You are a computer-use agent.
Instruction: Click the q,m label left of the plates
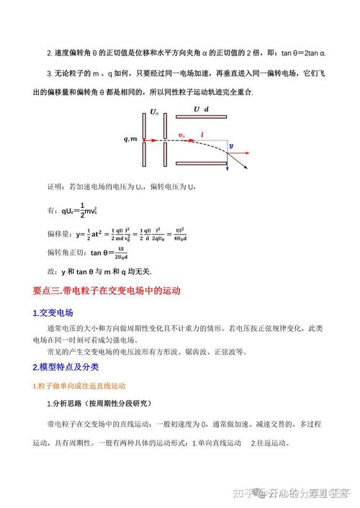point(130,140)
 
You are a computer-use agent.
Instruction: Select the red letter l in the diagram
point(202,135)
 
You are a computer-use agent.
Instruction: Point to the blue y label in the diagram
point(231,145)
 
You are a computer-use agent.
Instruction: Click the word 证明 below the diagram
point(55,186)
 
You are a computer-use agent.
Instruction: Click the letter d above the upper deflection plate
point(207,109)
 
